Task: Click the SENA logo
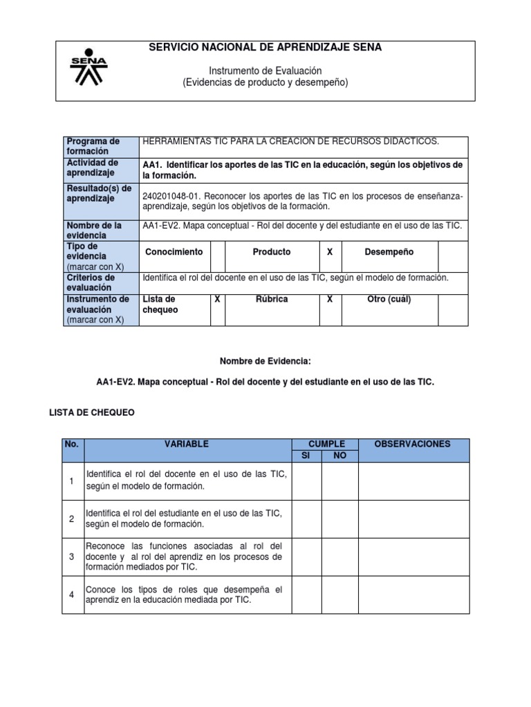[88, 66]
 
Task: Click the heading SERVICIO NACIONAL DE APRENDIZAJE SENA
[265, 47]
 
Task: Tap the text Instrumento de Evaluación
[265, 71]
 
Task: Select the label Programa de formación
[93, 146]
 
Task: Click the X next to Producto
[330, 252]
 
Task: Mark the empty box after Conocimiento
[218, 256]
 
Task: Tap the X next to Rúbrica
[330, 299]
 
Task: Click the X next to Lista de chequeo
[217, 299]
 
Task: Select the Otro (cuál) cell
[389, 299]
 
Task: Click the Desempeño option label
[389, 252]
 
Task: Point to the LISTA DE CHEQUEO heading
[92, 412]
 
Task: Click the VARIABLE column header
[187, 444]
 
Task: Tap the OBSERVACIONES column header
[413, 444]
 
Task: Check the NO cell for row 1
[340, 481]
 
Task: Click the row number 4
[72, 594]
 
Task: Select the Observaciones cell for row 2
[413, 519]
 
